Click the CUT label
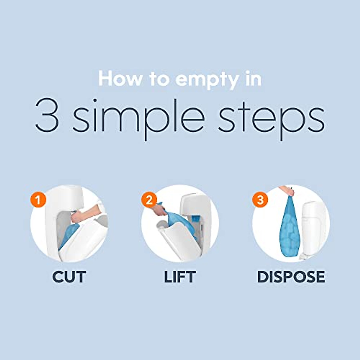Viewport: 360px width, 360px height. [x=69, y=277]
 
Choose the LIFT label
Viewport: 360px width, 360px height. [x=180, y=277]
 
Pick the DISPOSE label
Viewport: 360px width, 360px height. [x=291, y=277]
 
